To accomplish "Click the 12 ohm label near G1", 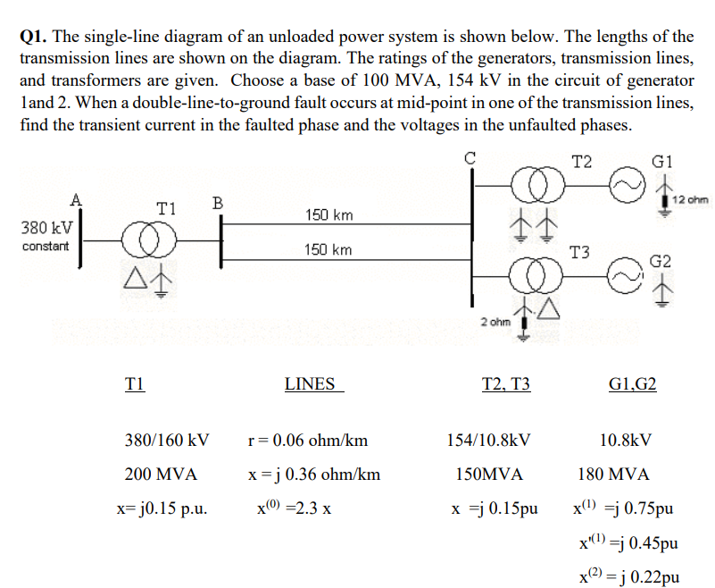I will coord(690,198).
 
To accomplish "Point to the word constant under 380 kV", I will coord(44,246).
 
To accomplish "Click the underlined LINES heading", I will coord(310,384).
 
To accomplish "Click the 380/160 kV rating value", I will coord(167,440).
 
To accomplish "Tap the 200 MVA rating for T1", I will coord(161,474).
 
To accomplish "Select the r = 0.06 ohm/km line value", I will coord(306,440).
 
